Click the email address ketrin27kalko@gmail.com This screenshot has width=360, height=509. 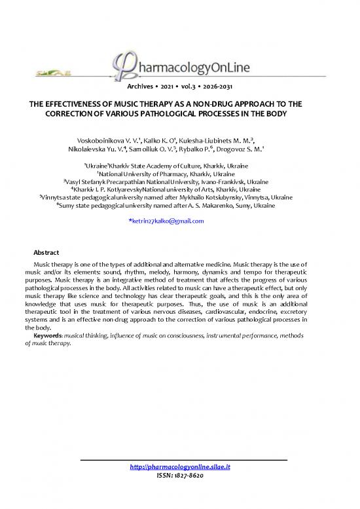(x=169, y=221)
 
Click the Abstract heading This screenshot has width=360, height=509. (x=46, y=253)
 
